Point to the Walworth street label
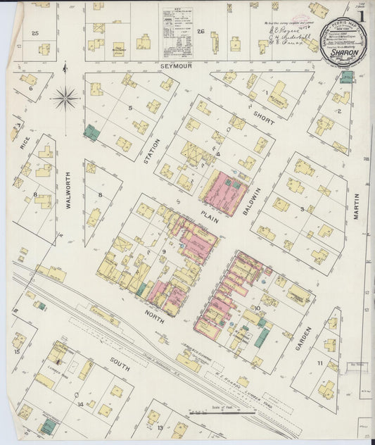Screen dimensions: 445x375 70,191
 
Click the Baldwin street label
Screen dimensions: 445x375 258,191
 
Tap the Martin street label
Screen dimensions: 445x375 356,207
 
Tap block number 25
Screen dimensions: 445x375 35,33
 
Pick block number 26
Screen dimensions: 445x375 201,32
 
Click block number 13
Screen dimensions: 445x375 160,427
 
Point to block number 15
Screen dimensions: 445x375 17,351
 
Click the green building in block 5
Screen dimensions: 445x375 91,132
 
